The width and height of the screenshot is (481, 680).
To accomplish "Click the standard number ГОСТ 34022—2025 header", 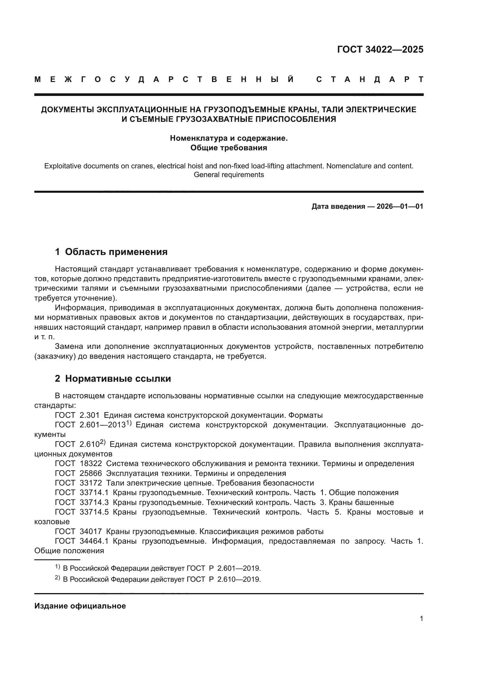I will tap(380, 49).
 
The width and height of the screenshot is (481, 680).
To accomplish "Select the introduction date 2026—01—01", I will tap(400, 206).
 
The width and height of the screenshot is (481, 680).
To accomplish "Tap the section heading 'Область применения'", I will tap(116, 252).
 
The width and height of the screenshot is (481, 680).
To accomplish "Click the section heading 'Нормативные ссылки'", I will tap(118, 379).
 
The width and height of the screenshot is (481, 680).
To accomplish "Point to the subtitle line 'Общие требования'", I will tap(228, 148).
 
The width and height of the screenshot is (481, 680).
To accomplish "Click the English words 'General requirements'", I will tap(228, 175).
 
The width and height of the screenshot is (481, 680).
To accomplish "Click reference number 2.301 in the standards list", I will tap(90, 415).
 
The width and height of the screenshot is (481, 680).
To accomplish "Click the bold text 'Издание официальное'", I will tap(80, 606).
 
